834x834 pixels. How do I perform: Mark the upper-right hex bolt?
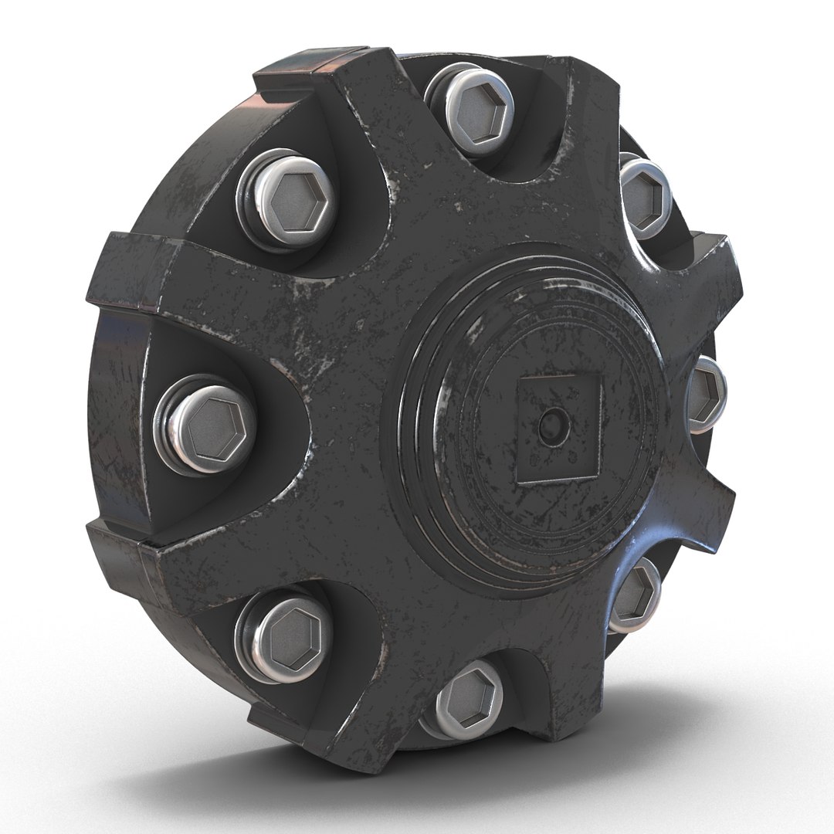click(x=645, y=193)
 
